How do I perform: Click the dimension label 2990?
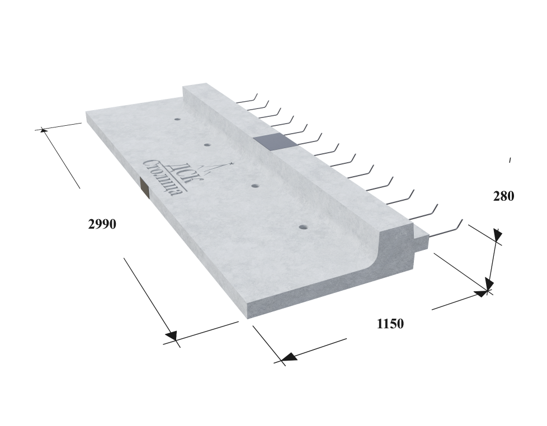pyautogui.click(x=102, y=224)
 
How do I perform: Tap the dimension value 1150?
pyautogui.click(x=390, y=324)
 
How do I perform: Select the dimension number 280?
pyautogui.click(x=503, y=196)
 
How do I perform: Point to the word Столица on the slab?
pyautogui.click(x=163, y=178)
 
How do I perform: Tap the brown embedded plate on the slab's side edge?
pyautogui.click(x=144, y=187)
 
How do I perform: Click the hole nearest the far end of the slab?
pyautogui.click(x=178, y=119)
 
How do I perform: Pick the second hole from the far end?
pyautogui.click(x=207, y=144)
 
